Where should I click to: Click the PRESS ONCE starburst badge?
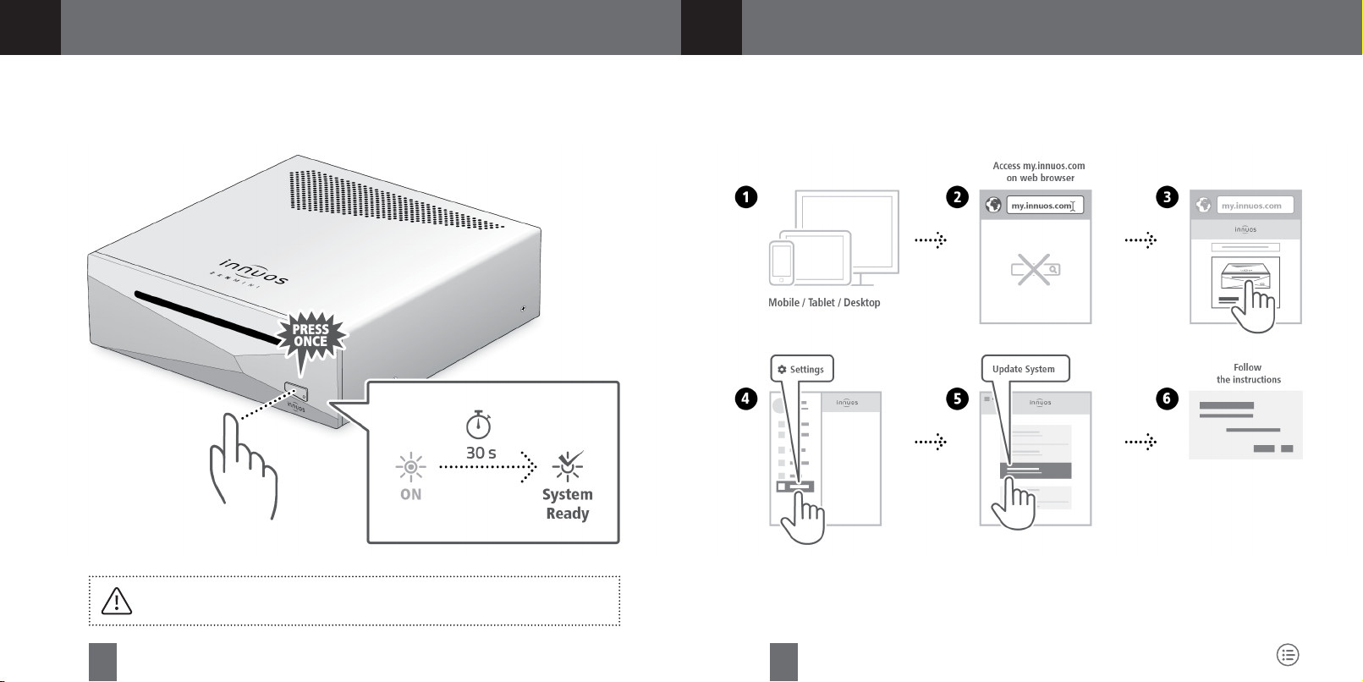(311, 336)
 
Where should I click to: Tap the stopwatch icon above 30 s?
(479, 424)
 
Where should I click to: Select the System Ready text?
(567, 504)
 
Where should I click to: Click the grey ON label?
(410, 494)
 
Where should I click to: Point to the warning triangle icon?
(116, 601)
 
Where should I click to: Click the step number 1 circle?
(745, 197)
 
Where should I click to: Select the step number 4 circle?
(745, 399)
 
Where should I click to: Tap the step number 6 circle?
(1167, 399)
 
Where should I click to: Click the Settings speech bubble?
(801, 369)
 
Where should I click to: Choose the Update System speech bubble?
(1024, 369)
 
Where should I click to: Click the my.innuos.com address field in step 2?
(1044, 206)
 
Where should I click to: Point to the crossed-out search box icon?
(1035, 270)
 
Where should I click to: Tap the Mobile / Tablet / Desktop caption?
(824, 302)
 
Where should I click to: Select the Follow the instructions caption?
(1248, 373)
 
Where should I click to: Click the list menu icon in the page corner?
(1287, 654)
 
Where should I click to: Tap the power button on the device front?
(296, 392)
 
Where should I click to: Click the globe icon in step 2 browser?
(994, 206)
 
